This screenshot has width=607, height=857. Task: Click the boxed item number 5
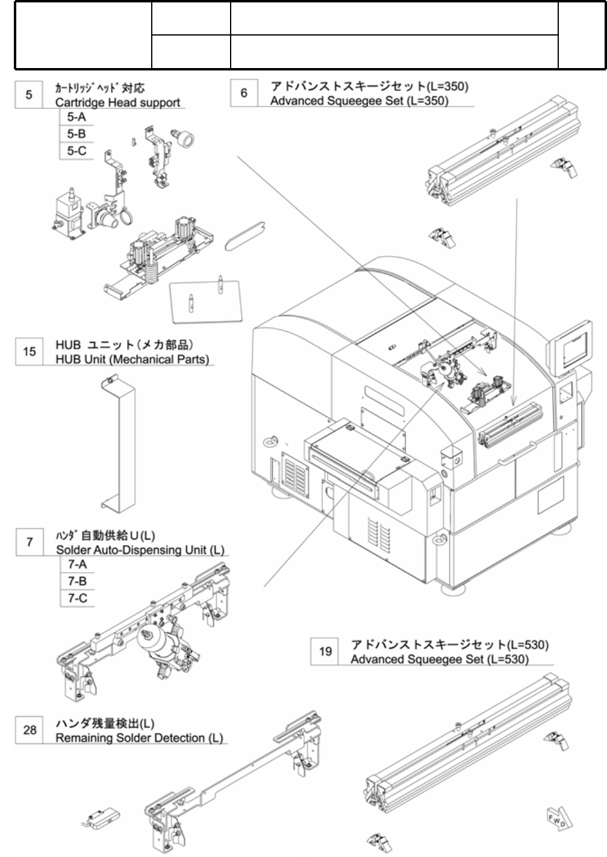[29, 95]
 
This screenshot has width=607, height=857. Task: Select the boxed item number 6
[244, 93]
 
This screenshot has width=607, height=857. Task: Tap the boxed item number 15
[29, 351]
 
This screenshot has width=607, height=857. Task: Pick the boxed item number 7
[30, 542]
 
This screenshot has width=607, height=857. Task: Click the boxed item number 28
[30, 729]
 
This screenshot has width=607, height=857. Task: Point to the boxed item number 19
[325, 651]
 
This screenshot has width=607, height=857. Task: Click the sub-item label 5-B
[76, 134]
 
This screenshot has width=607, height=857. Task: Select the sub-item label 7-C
[77, 597]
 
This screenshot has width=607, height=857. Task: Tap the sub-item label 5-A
[76, 117]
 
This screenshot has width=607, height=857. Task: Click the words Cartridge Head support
[117, 102]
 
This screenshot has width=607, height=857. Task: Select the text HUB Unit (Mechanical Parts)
[132, 360]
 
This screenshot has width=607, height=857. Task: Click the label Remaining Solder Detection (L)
[139, 738]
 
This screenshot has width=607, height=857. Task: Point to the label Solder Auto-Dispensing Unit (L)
[140, 550]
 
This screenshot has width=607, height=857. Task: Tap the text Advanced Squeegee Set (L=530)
[440, 659]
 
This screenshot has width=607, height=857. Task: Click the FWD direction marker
[559, 820]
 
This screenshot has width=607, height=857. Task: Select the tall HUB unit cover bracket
[118, 443]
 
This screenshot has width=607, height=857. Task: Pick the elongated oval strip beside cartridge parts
[245, 236]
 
